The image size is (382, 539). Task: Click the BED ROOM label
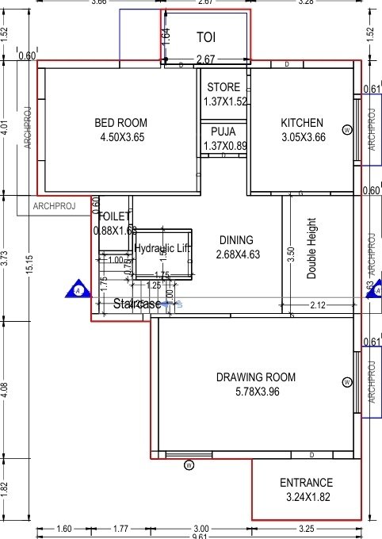pos(117,123)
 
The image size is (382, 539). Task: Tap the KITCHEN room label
pos(302,123)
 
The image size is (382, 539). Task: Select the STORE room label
pos(225,87)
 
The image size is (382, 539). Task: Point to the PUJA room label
pos(225,132)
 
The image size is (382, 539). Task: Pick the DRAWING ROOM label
pos(255,377)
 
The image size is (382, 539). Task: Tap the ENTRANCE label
pos(306,483)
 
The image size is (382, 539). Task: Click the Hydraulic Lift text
pos(163,248)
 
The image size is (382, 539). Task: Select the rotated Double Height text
pos(311,248)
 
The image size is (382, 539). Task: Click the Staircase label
pos(137,304)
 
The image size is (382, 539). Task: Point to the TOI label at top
pos(206,36)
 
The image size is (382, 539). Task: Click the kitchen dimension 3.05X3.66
pos(303,137)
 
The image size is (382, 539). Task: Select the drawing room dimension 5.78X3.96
pos(255,391)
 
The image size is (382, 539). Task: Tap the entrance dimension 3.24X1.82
pos(306,497)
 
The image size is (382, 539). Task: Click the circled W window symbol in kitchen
pos(346,129)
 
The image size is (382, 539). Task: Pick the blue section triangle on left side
pos(78,290)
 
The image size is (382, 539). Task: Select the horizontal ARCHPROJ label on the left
pos(54,206)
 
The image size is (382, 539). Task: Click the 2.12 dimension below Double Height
pos(317,305)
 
